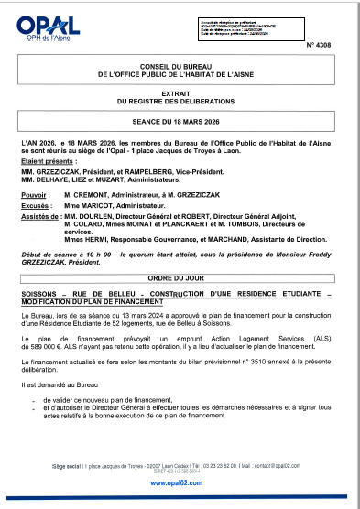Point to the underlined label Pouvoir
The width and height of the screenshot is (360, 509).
[x=34, y=195]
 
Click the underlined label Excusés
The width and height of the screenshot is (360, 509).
[x=36, y=208]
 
